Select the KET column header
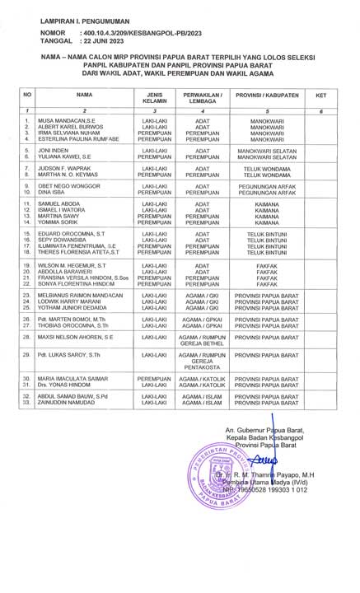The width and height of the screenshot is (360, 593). [320, 96]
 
